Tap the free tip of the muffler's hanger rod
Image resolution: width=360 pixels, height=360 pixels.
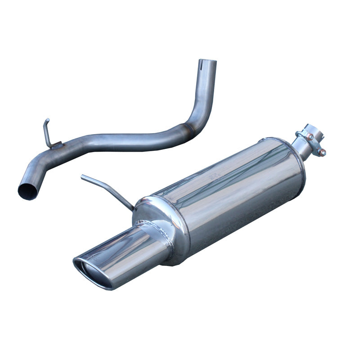pos(83,176)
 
